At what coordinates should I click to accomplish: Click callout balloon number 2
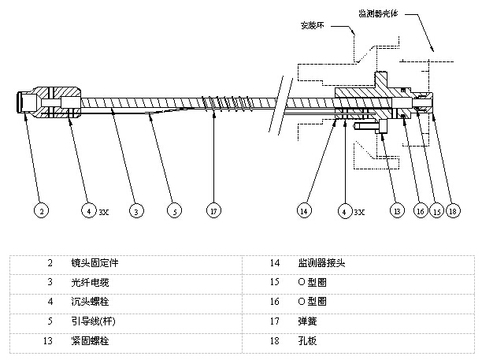(41, 211)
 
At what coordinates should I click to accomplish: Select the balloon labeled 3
(136, 211)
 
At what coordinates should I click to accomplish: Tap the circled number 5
(174, 211)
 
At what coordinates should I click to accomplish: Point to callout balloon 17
(212, 211)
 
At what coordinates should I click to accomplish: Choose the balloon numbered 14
(304, 211)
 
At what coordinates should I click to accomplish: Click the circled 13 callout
(398, 211)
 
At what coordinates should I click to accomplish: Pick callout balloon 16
(421, 211)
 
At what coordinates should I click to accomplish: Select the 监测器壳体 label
(380, 13)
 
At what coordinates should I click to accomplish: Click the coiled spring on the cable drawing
(217, 104)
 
